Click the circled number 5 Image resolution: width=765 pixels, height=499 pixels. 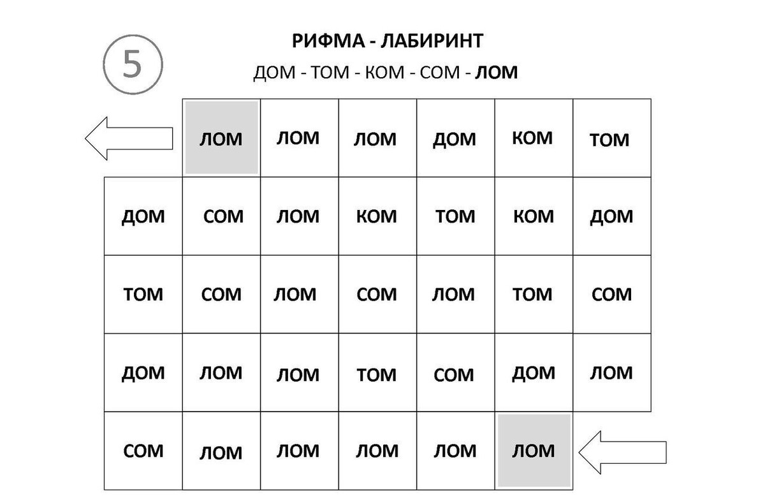133,64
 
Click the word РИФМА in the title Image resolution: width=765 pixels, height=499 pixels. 328,41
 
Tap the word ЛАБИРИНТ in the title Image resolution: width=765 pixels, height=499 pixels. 432,41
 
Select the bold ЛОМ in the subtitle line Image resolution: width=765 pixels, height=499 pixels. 496,72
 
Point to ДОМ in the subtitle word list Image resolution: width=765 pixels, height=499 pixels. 274,73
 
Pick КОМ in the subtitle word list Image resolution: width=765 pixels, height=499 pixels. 384,72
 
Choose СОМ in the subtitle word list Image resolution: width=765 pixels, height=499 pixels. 440,72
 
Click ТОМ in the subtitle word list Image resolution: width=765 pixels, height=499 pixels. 330,72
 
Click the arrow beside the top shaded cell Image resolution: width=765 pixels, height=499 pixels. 129,138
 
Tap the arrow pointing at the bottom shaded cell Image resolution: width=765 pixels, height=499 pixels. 622,452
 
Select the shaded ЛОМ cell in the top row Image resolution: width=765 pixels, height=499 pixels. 221,138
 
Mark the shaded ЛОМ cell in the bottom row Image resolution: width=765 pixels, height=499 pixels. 534,451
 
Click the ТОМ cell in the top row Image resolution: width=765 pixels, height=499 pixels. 612,138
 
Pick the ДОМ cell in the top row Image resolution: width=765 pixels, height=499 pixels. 456,138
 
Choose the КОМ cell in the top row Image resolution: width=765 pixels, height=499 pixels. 534,138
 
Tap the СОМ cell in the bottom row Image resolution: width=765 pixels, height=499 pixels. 143,451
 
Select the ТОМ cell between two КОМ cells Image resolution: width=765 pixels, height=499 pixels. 456,216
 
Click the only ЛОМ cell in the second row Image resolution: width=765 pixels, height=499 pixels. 299,216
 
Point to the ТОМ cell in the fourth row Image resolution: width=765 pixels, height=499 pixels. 377,373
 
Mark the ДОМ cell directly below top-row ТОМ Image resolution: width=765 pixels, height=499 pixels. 612,216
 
